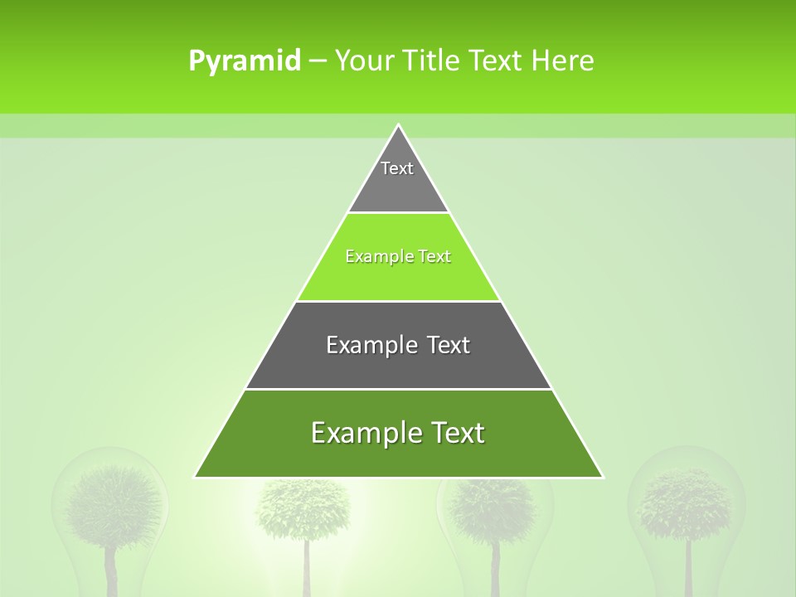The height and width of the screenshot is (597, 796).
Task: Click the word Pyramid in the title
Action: point(245,61)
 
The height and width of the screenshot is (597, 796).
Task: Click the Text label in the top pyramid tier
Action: point(397,168)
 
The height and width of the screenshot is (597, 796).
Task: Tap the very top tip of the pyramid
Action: point(399,125)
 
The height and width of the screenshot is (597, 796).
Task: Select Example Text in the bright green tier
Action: point(398,257)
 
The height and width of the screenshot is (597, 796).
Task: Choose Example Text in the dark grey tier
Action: point(398,345)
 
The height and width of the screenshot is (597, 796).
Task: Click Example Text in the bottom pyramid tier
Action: point(398,433)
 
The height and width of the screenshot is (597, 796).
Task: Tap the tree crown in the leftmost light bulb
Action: point(113,502)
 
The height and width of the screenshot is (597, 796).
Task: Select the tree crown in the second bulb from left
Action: point(303,506)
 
